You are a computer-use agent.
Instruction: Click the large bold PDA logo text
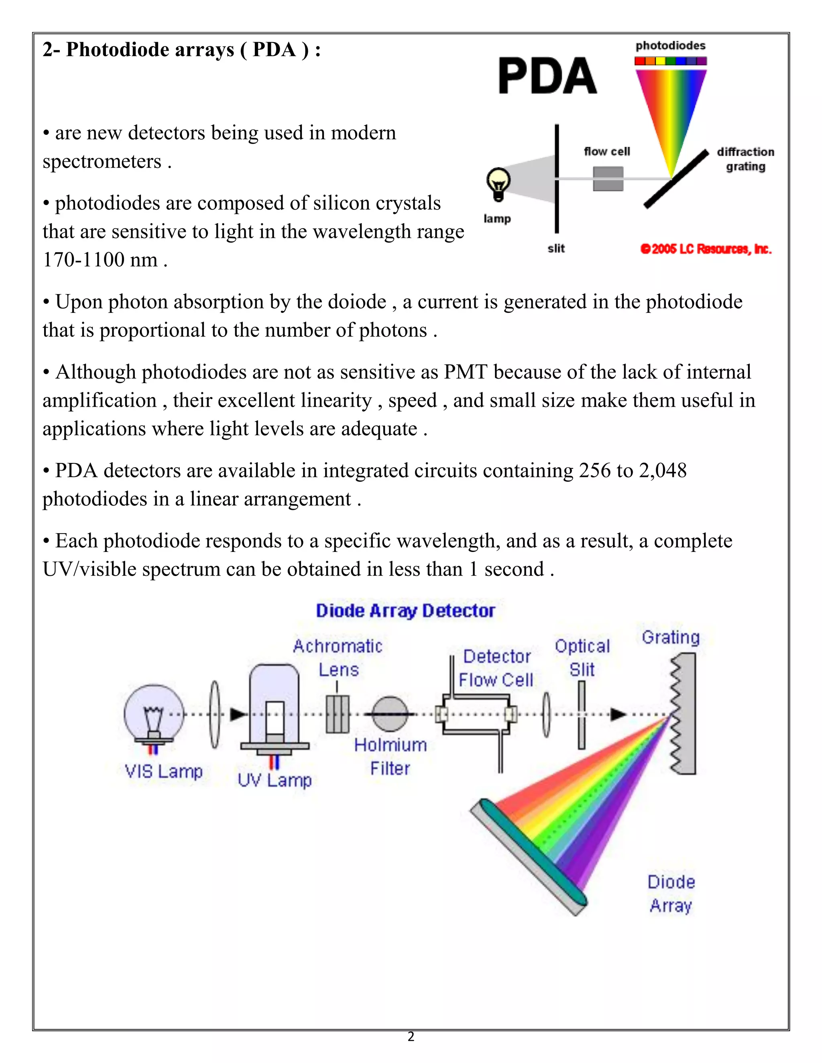pos(547,76)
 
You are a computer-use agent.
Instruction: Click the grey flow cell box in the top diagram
pos(608,179)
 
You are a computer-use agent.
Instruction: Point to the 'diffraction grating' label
pos(745,159)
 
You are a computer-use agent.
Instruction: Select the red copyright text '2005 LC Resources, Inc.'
pos(706,249)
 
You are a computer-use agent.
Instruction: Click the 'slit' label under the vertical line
pos(555,249)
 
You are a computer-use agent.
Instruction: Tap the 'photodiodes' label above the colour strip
pos(670,46)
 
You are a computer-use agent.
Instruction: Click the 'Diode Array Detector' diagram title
pos(405,611)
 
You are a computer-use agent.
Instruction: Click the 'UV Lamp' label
pos(275,780)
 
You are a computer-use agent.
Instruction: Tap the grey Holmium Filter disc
pos(390,714)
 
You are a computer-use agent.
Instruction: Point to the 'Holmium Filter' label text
pos(390,757)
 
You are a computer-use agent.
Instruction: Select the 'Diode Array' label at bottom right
pos(671,894)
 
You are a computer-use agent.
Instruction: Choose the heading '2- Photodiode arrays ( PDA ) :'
pos(181,50)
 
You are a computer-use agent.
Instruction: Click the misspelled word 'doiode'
pos(357,302)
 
